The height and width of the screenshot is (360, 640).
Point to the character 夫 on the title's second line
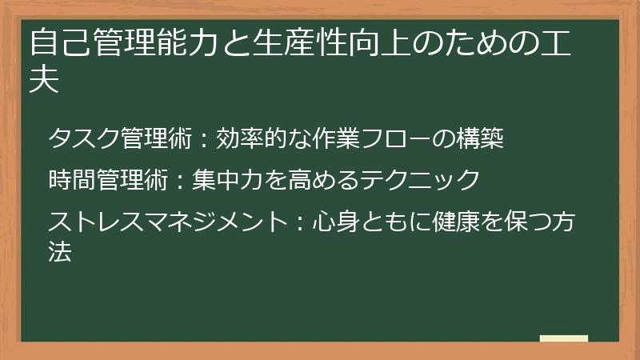click(x=44, y=82)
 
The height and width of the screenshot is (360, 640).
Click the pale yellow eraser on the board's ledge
click(x=564, y=339)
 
